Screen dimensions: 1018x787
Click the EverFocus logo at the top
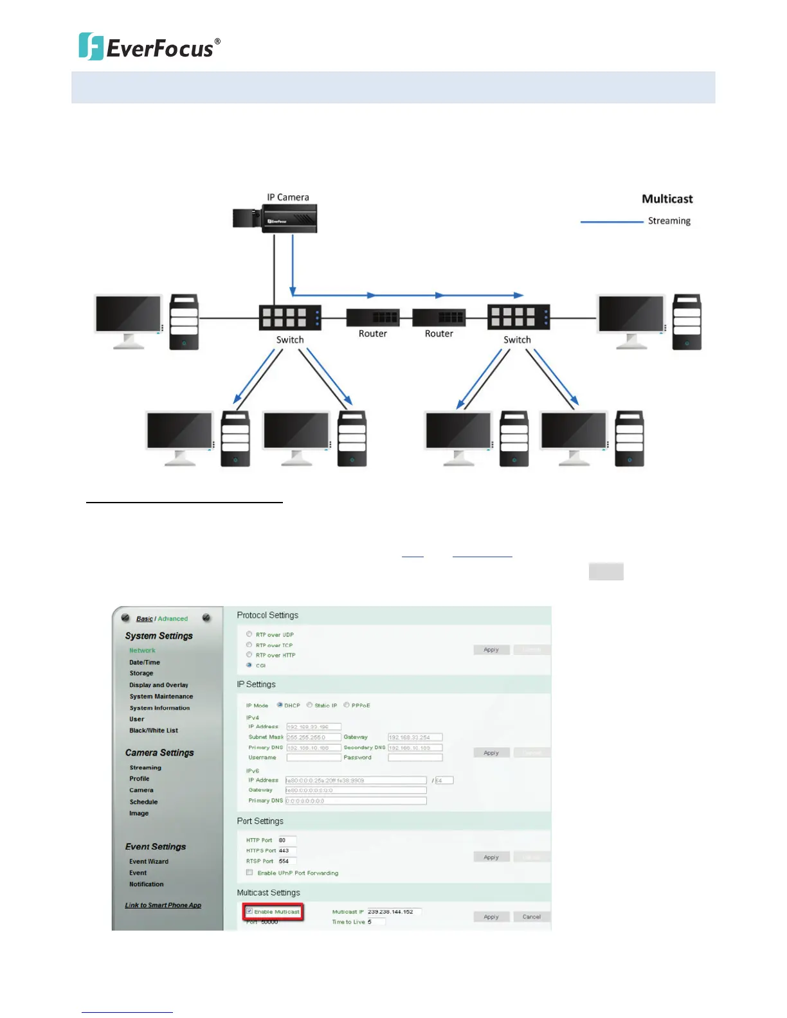(x=149, y=47)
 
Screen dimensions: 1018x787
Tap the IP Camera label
(x=288, y=197)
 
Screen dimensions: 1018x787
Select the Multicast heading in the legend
(x=667, y=199)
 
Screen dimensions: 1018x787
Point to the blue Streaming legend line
(x=611, y=222)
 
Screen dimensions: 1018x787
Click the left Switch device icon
(x=289, y=317)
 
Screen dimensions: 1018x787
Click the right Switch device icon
(x=518, y=317)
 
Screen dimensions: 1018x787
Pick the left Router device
(x=373, y=317)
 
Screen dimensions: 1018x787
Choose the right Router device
(x=439, y=317)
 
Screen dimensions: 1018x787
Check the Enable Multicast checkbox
(x=249, y=911)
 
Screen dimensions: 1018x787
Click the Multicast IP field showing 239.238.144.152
(x=394, y=911)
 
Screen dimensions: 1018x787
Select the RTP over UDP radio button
(x=249, y=634)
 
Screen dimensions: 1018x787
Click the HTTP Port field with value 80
(x=287, y=840)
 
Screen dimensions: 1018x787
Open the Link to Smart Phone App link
(x=163, y=905)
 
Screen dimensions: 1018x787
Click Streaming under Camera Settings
(x=145, y=767)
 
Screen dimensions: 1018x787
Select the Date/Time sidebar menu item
(x=145, y=662)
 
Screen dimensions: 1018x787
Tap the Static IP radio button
(x=309, y=705)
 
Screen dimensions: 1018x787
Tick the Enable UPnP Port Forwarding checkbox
(x=249, y=873)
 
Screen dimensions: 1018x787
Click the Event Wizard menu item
(x=149, y=861)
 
